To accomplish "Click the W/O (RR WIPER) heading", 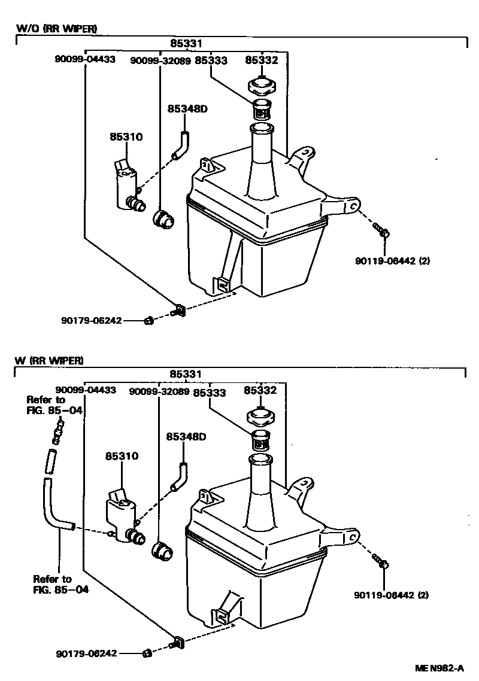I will click(x=55, y=28).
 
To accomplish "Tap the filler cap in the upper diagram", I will click(x=261, y=85).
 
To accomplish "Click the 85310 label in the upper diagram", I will click(x=126, y=136).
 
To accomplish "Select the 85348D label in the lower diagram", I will click(x=186, y=436).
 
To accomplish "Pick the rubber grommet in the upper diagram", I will click(x=162, y=219).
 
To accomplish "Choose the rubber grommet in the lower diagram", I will click(x=162, y=551).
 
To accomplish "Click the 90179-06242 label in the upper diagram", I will click(x=91, y=320).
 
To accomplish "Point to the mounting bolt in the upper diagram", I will click(x=381, y=230).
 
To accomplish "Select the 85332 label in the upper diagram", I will click(x=261, y=60).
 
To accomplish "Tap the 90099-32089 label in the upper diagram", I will click(x=160, y=60).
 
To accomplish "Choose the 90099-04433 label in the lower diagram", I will click(x=85, y=390).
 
